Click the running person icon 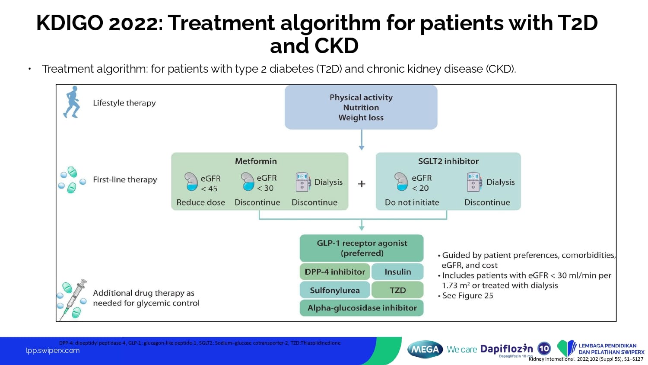tap(72, 102)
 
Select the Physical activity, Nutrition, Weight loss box tap(361, 107)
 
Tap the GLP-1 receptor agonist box tap(362, 248)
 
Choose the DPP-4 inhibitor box tap(335, 272)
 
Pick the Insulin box tap(397, 272)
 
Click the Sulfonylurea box tap(335, 290)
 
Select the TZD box tap(397, 290)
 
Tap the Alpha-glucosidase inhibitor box tap(362, 308)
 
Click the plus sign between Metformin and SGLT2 tap(362, 184)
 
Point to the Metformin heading tap(256, 161)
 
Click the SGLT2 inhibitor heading tap(448, 161)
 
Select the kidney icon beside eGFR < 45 tap(191, 182)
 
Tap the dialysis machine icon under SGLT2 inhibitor tap(474, 182)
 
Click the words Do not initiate tap(412, 202)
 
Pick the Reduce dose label tap(200, 202)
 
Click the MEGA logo tap(425, 349)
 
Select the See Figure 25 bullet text tap(467, 296)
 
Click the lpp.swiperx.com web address tap(53, 351)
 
